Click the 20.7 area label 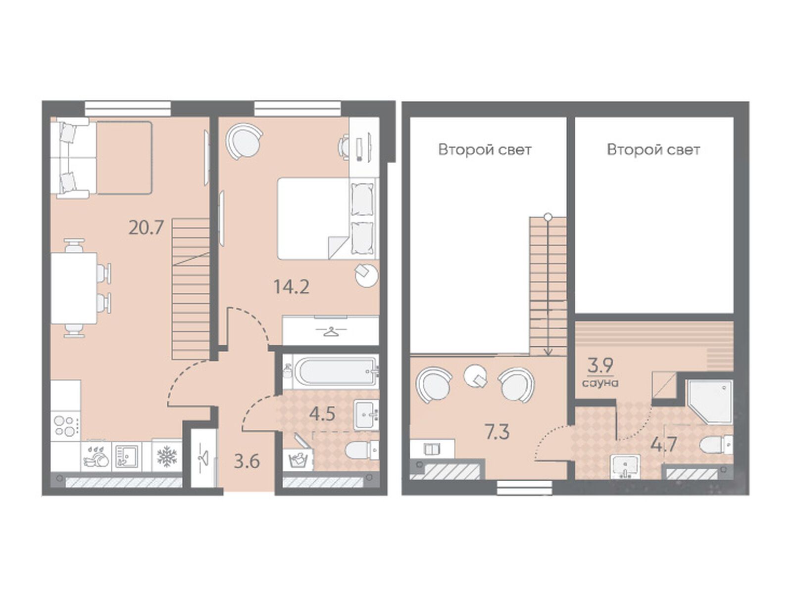[x=146, y=228]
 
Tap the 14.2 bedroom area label [x=291, y=287]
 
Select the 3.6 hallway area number [x=247, y=462]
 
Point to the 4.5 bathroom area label [x=322, y=414]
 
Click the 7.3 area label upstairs [x=497, y=432]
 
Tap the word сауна [x=600, y=382]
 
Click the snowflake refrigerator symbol [x=167, y=456]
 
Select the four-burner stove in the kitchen [x=65, y=426]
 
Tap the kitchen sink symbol [x=126, y=456]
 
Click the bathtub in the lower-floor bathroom [x=336, y=370]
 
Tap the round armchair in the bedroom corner [x=244, y=141]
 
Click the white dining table [x=74, y=288]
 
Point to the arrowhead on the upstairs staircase [x=548, y=352]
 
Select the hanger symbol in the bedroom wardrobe [x=331, y=331]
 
